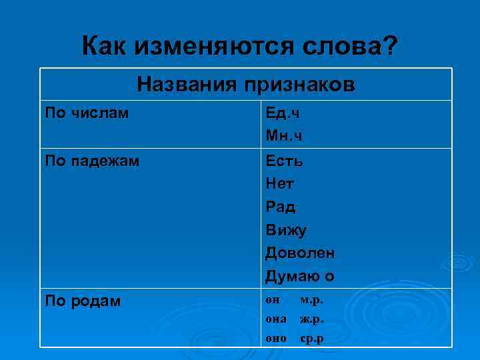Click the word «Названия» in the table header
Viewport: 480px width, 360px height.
[187, 85]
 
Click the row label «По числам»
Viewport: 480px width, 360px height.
[87, 113]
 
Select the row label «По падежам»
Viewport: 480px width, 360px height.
[92, 161]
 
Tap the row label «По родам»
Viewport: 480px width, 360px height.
[83, 301]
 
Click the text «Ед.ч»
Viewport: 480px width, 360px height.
[283, 113]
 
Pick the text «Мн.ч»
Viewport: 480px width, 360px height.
[284, 136]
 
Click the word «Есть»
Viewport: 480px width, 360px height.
[285, 161]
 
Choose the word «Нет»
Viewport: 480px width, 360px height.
[280, 183]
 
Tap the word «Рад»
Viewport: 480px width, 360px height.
[280, 207]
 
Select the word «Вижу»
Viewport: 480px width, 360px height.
[286, 230]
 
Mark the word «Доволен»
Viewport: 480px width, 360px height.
[300, 253]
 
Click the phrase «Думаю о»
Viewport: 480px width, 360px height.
[300, 276]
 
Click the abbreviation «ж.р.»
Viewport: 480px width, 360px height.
[312, 319]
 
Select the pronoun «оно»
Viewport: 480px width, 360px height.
[276, 339]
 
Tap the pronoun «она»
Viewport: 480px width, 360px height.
[276, 319]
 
